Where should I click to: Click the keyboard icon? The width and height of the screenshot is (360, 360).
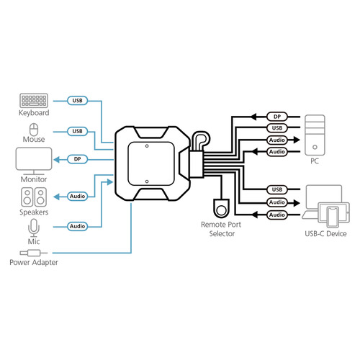[x=34, y=101]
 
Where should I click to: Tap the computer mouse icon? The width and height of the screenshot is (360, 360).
[x=34, y=130]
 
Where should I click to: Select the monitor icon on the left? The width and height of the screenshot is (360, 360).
[x=33, y=159]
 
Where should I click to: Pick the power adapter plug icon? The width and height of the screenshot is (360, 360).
[x=33, y=253]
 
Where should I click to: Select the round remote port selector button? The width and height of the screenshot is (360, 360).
[x=222, y=210]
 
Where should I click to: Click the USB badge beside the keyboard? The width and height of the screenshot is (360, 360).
[x=78, y=101]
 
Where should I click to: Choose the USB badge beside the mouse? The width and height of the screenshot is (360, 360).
[x=78, y=131]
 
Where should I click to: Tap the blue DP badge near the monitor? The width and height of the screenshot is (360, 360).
[x=78, y=158]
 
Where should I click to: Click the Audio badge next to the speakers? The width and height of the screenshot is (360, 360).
[x=78, y=195]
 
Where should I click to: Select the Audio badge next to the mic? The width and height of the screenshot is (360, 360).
[x=78, y=226]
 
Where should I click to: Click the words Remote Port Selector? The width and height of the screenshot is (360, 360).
[x=222, y=229]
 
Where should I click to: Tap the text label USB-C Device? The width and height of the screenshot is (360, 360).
[x=322, y=234]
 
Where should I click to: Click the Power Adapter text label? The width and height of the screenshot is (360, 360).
[x=33, y=263]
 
